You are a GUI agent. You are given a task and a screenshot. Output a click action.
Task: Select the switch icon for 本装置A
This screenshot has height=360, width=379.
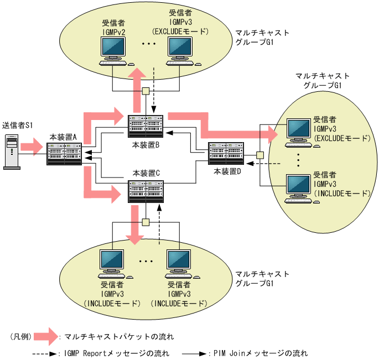coord(64,154)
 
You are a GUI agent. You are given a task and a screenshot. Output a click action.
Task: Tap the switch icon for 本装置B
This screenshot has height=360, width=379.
coord(146,127)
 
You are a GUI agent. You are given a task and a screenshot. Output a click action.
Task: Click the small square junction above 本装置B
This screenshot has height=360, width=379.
coord(146,91)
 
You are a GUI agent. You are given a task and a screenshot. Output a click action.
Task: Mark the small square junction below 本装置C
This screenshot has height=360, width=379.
coord(146,222)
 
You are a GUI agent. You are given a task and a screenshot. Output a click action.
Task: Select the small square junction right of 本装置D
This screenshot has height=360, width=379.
coord(259,155)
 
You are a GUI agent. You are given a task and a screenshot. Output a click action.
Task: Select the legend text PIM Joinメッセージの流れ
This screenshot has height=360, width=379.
coord(260,353)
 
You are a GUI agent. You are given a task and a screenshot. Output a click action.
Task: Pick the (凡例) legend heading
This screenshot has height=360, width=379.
coord(22,336)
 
